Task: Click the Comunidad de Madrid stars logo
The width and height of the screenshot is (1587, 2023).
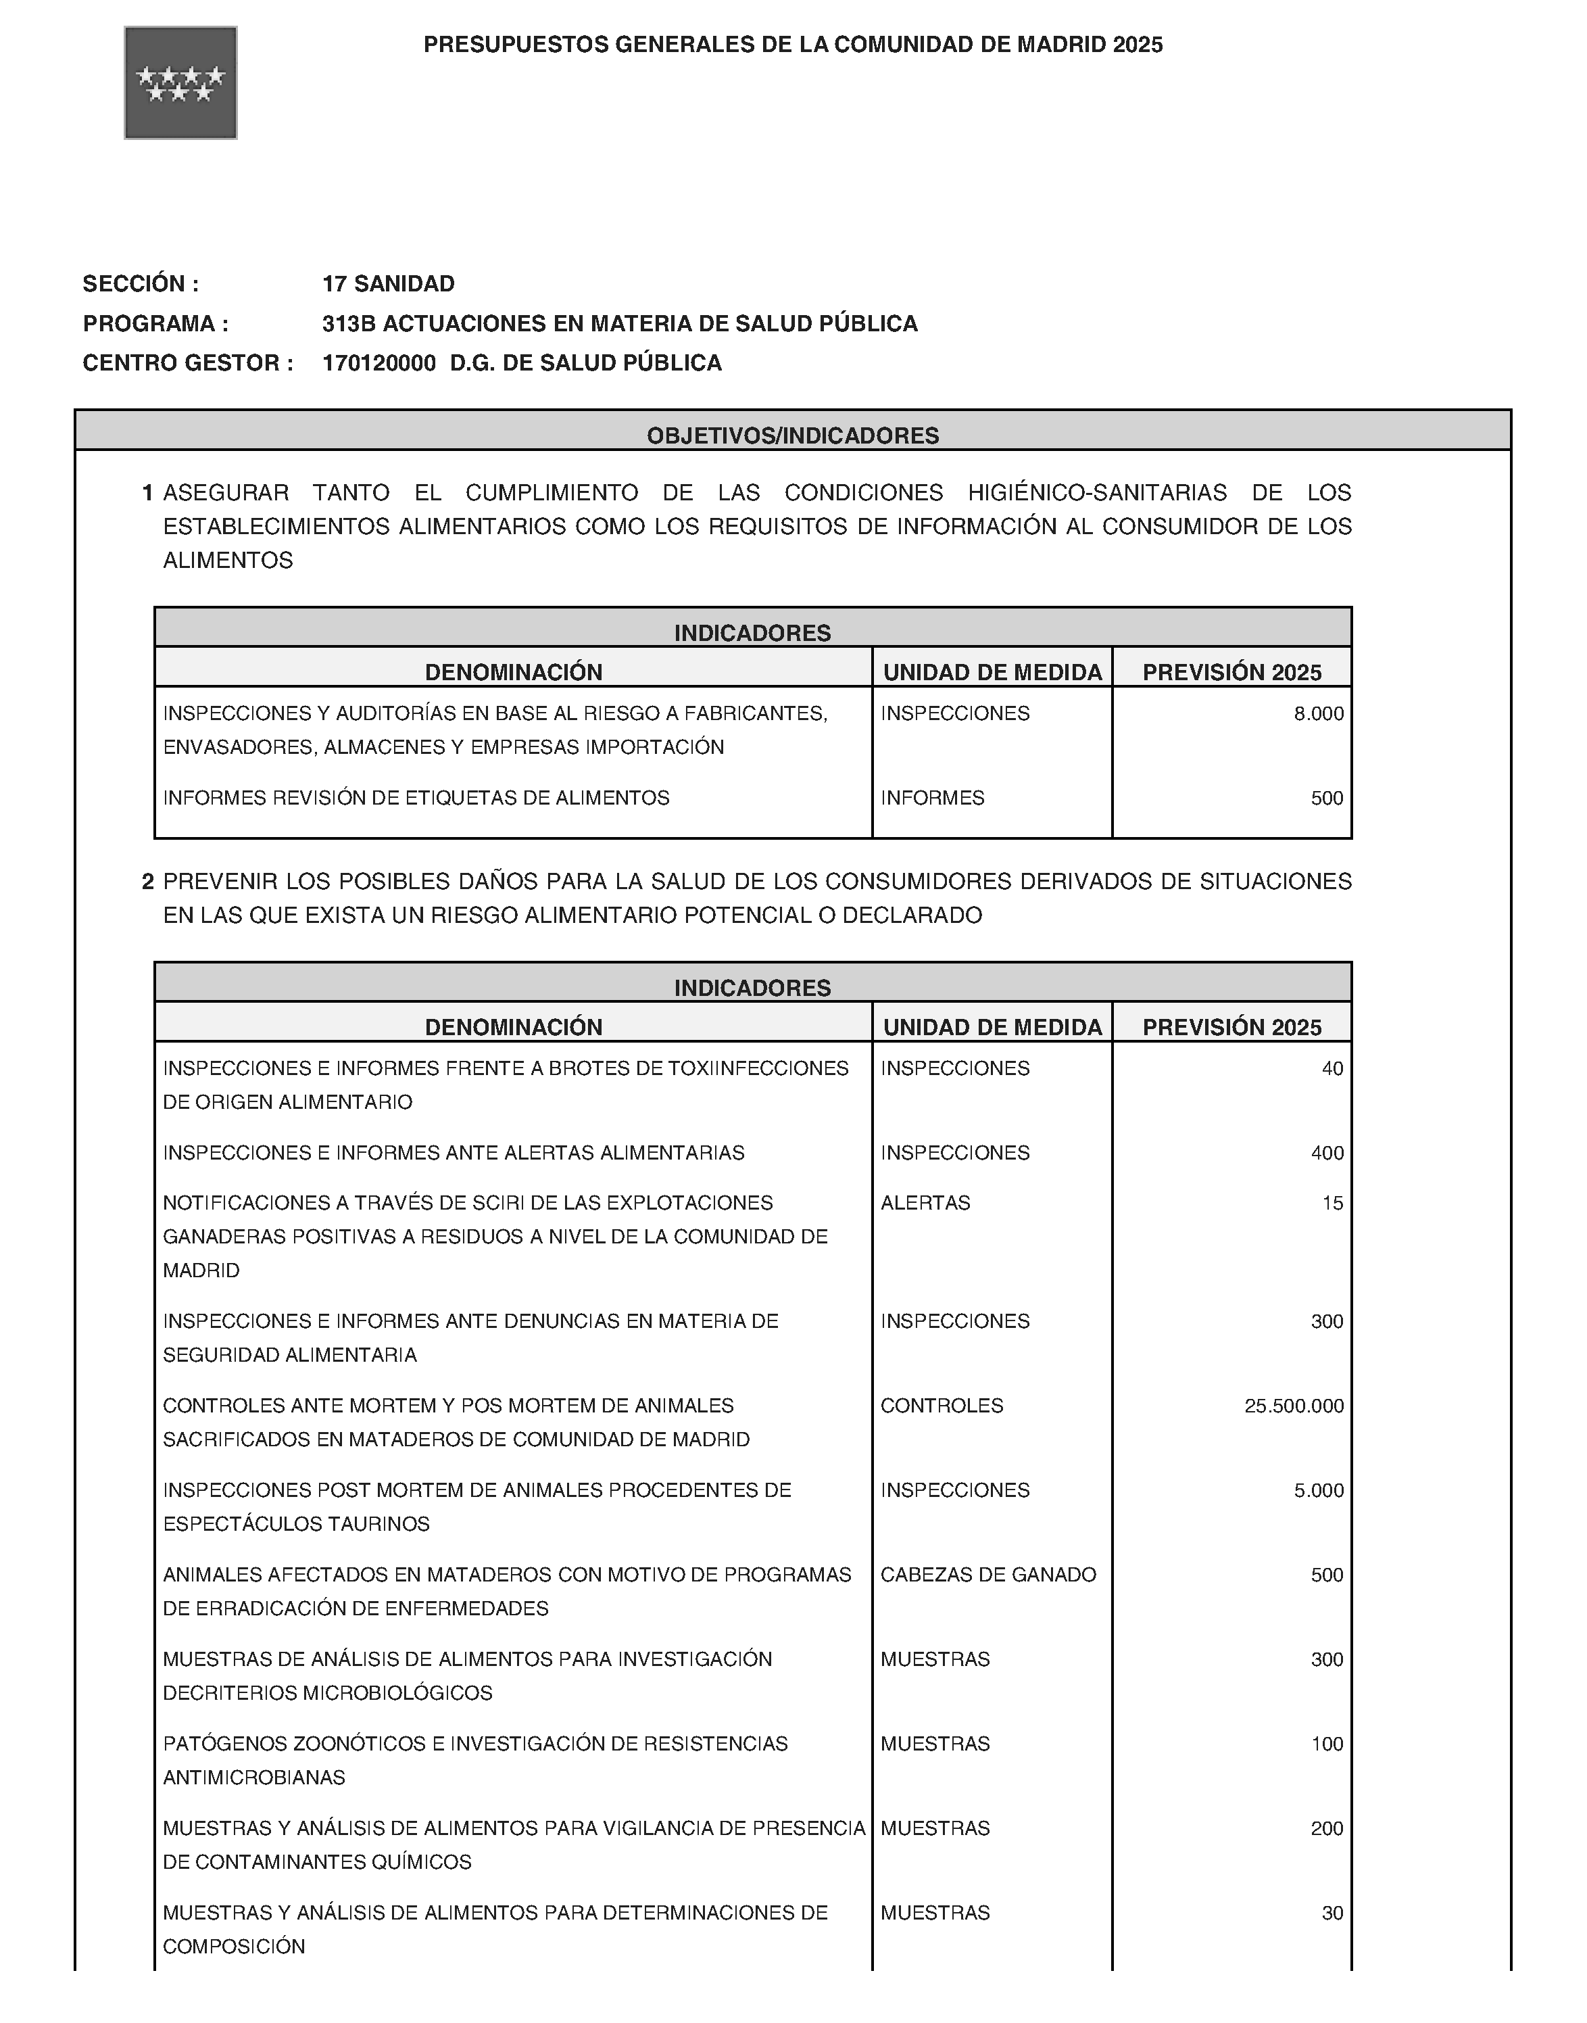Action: [180, 82]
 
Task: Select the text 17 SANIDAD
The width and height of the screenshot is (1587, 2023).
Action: [389, 283]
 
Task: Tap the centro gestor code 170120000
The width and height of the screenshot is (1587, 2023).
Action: [379, 362]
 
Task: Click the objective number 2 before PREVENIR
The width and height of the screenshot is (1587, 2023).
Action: [147, 881]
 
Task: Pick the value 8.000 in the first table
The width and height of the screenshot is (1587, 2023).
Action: [1319, 714]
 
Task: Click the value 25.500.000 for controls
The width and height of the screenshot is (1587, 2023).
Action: [1294, 1405]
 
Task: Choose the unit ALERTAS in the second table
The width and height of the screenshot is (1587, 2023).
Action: [925, 1202]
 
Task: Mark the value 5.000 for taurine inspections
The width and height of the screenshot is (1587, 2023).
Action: [1319, 1490]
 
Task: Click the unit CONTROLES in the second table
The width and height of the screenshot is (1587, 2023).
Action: [942, 1405]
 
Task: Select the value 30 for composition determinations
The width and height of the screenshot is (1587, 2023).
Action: [1332, 1912]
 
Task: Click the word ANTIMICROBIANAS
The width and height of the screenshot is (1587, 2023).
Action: [253, 1777]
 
